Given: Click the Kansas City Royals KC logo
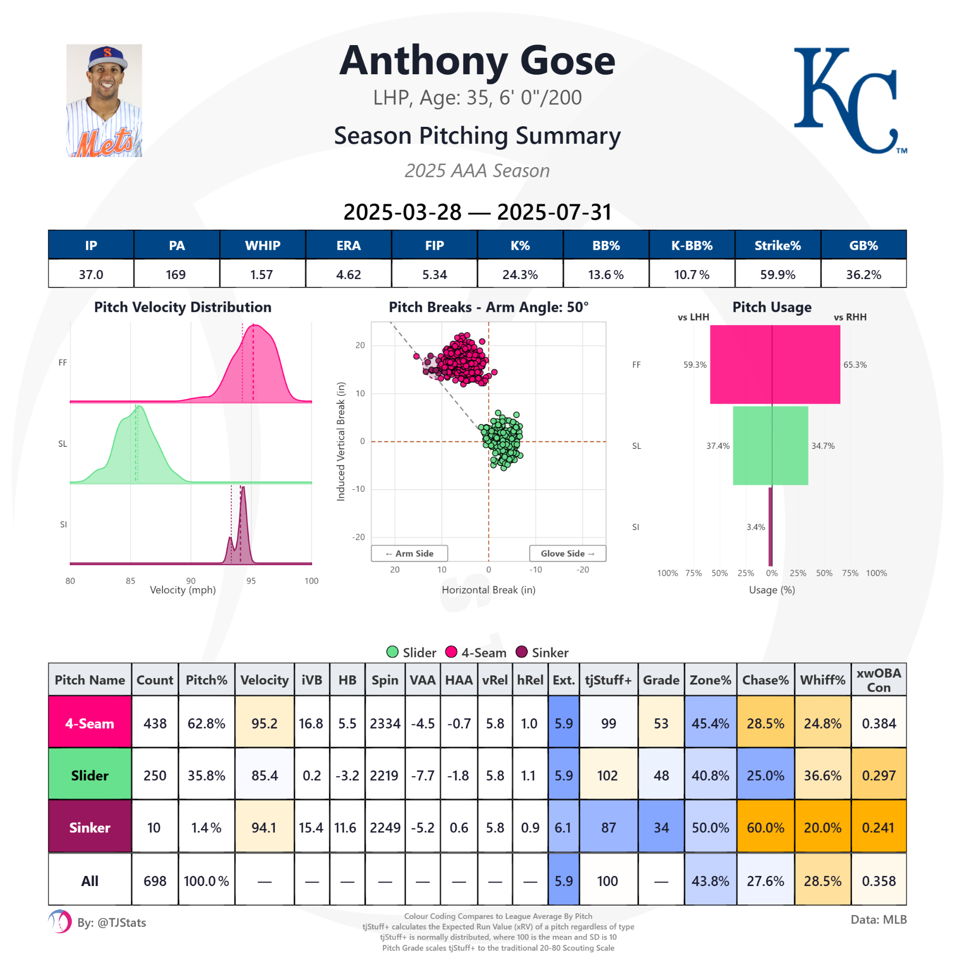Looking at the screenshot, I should point(849,101).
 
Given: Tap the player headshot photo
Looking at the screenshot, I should point(104,101).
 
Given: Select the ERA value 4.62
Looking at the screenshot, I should point(348,274).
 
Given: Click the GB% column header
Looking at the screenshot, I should point(863,245).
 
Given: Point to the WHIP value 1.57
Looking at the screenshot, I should point(262,274).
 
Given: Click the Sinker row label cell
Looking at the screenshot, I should point(90,827).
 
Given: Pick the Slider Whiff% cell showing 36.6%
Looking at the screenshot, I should point(822,775).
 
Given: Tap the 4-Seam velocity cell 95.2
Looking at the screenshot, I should point(264,723).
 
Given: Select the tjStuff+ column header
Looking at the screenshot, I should point(608,680).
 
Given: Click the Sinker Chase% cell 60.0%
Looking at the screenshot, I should point(765,827).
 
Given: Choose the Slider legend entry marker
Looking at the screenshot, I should point(393,652).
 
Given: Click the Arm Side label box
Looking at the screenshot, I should point(409,553).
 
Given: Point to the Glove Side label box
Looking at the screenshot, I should point(567,553).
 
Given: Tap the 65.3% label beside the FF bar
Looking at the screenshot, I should point(855,364).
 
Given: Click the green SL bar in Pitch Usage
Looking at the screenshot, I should point(770,446).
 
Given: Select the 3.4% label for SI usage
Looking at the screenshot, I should point(756,527).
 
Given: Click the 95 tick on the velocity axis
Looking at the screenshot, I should point(251,580).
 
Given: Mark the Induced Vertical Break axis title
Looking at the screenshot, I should point(341,441).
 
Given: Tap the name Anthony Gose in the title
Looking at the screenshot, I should point(477,61).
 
